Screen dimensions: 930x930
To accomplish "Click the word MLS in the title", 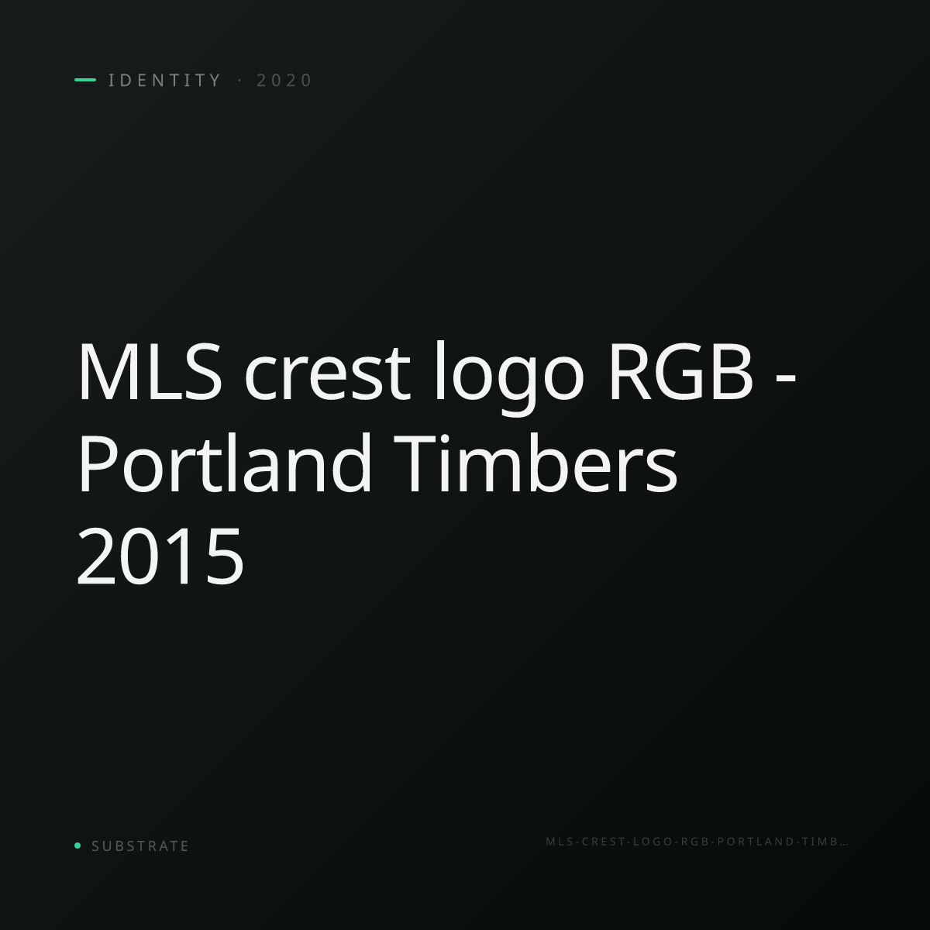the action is (150, 371).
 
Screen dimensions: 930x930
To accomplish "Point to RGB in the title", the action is (680, 371).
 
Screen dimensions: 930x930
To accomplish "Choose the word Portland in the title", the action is (224, 463).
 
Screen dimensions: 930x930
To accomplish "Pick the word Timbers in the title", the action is (536, 463).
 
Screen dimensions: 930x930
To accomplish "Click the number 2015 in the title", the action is (160, 556).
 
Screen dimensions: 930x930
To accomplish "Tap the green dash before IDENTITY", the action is (85, 80).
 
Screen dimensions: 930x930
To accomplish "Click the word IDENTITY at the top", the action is (164, 80).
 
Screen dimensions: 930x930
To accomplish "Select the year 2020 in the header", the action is (284, 80).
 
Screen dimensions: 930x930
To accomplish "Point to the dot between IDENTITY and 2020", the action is (239, 80).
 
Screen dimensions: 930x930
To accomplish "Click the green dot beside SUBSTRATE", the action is (77, 845).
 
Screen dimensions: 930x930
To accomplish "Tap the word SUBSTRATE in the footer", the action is (140, 846).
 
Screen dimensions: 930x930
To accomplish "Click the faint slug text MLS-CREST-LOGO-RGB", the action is (628, 842).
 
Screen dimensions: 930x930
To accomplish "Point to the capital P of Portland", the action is (97, 463).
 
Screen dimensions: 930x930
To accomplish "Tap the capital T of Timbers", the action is (418, 463).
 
